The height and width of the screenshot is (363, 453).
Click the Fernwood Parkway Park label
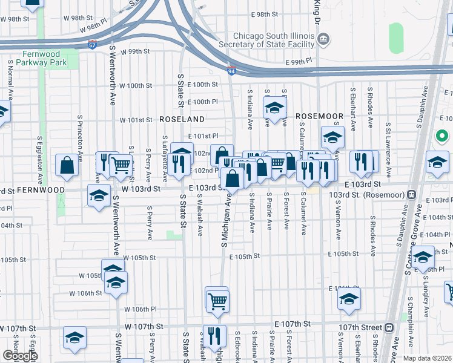click(42, 57)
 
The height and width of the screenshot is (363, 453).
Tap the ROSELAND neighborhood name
click(182, 119)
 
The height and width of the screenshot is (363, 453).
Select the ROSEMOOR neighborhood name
click(319, 115)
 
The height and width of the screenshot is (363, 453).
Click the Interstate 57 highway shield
click(91, 45)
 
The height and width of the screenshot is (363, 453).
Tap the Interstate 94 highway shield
click(231, 71)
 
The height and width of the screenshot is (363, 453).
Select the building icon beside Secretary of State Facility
click(323, 40)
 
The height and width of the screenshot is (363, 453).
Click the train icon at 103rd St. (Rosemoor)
click(411, 194)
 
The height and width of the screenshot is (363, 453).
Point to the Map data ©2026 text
click(427, 358)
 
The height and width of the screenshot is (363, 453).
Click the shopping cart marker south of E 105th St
click(217, 299)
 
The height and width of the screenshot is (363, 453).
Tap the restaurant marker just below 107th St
click(214, 335)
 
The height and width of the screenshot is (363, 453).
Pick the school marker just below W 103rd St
click(99, 195)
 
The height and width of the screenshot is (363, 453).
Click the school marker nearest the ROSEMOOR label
click(274, 109)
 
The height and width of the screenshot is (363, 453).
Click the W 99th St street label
click(134, 51)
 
